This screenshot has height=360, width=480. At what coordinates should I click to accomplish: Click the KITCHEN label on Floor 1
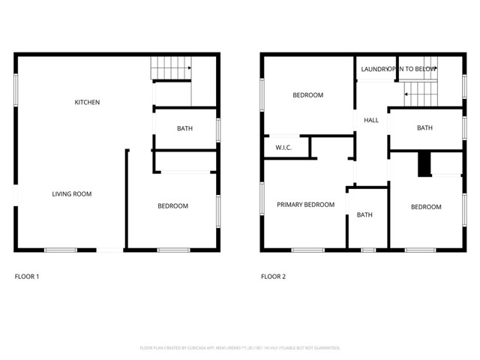(x=87, y=102)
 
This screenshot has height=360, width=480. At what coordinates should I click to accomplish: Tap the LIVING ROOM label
(x=72, y=194)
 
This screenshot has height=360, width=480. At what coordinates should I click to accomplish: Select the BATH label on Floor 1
(x=184, y=128)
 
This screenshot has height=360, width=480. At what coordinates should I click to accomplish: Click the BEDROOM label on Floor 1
(x=172, y=206)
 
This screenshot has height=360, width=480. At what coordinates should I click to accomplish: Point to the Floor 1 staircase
(x=172, y=68)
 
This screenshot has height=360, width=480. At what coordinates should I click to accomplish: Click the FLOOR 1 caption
(x=27, y=277)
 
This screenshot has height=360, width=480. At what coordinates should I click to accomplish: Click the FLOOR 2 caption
(x=273, y=277)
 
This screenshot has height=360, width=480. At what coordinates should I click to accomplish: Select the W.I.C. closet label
(x=283, y=148)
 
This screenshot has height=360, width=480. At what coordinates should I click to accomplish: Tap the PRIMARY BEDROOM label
(x=305, y=205)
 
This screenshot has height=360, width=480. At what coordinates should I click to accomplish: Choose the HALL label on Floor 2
(x=370, y=120)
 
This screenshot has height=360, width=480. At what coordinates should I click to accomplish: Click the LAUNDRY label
(x=374, y=69)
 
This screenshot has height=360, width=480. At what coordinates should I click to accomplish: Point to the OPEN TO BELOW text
(x=413, y=69)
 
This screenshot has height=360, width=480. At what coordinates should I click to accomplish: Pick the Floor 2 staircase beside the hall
(x=420, y=93)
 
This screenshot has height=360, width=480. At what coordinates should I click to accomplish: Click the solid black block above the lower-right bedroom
(x=424, y=164)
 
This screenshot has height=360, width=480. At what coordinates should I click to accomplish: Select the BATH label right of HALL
(x=424, y=128)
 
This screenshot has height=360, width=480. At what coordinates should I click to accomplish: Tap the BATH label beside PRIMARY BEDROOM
(x=364, y=215)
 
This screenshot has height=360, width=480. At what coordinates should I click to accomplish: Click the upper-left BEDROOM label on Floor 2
(x=307, y=95)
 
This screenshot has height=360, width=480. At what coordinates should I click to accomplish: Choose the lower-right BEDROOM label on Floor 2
(x=425, y=207)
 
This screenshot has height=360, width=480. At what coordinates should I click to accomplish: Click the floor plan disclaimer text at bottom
(x=240, y=348)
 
